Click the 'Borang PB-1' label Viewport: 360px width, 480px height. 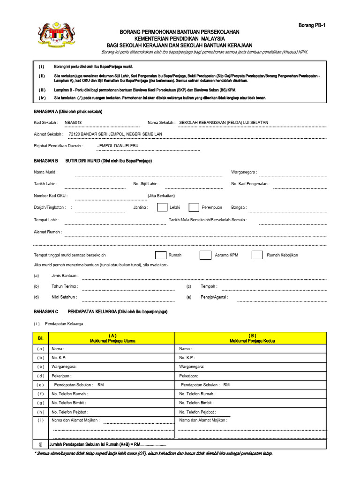click(312, 25)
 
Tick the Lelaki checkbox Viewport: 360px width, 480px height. click(162, 207)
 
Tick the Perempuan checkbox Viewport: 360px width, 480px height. click(194, 207)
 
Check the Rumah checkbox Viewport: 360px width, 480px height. click(160, 255)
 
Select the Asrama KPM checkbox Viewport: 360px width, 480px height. click(205, 255)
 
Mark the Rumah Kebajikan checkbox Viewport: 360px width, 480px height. click(257, 255)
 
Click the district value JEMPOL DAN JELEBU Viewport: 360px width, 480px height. click(118, 145)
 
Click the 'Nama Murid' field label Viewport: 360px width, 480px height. click(45, 172)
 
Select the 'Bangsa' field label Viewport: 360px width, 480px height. click(239, 207)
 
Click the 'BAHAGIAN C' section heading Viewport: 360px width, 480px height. click(46, 311)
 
